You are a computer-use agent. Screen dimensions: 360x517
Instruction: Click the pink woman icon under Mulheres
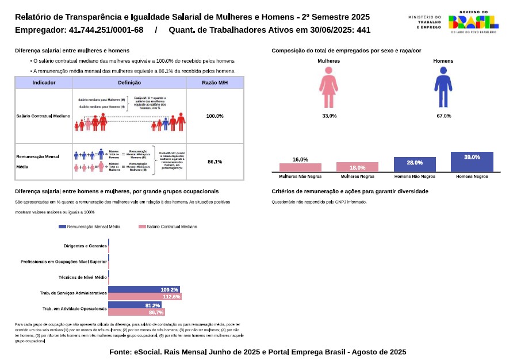click(329, 87)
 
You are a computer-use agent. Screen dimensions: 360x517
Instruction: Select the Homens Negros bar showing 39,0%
click(472, 162)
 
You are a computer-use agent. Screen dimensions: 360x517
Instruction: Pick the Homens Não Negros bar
click(415, 164)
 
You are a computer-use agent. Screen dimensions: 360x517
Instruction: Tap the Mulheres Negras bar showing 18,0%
click(357, 167)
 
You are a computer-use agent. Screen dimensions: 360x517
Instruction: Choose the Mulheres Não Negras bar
click(300, 167)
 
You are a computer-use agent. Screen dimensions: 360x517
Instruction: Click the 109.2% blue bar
click(144, 289)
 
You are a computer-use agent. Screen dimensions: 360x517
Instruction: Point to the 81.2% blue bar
click(135, 305)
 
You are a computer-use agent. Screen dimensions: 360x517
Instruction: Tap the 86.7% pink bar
click(136, 312)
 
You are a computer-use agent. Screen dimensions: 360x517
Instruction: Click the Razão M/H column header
click(215, 83)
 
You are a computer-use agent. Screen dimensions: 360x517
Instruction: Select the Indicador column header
click(44, 83)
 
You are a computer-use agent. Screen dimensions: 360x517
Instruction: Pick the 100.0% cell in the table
click(215, 116)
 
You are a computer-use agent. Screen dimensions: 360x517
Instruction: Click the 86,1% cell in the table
click(215, 162)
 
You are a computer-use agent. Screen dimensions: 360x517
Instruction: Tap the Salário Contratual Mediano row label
click(44, 116)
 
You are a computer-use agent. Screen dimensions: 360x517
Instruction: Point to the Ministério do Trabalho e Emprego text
click(424, 22)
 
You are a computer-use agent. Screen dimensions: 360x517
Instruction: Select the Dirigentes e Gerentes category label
click(85, 246)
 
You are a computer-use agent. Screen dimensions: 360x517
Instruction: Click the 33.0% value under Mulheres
click(329, 116)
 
